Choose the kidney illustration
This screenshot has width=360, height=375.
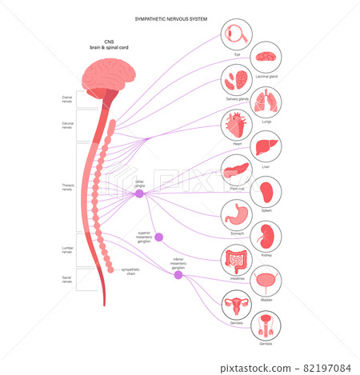266,237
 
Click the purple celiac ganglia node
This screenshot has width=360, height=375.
139,193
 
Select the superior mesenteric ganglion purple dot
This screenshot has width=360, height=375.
159,237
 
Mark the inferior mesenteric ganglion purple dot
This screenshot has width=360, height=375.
178,274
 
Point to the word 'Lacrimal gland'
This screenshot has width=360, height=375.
266,76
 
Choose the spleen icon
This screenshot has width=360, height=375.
266,193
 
